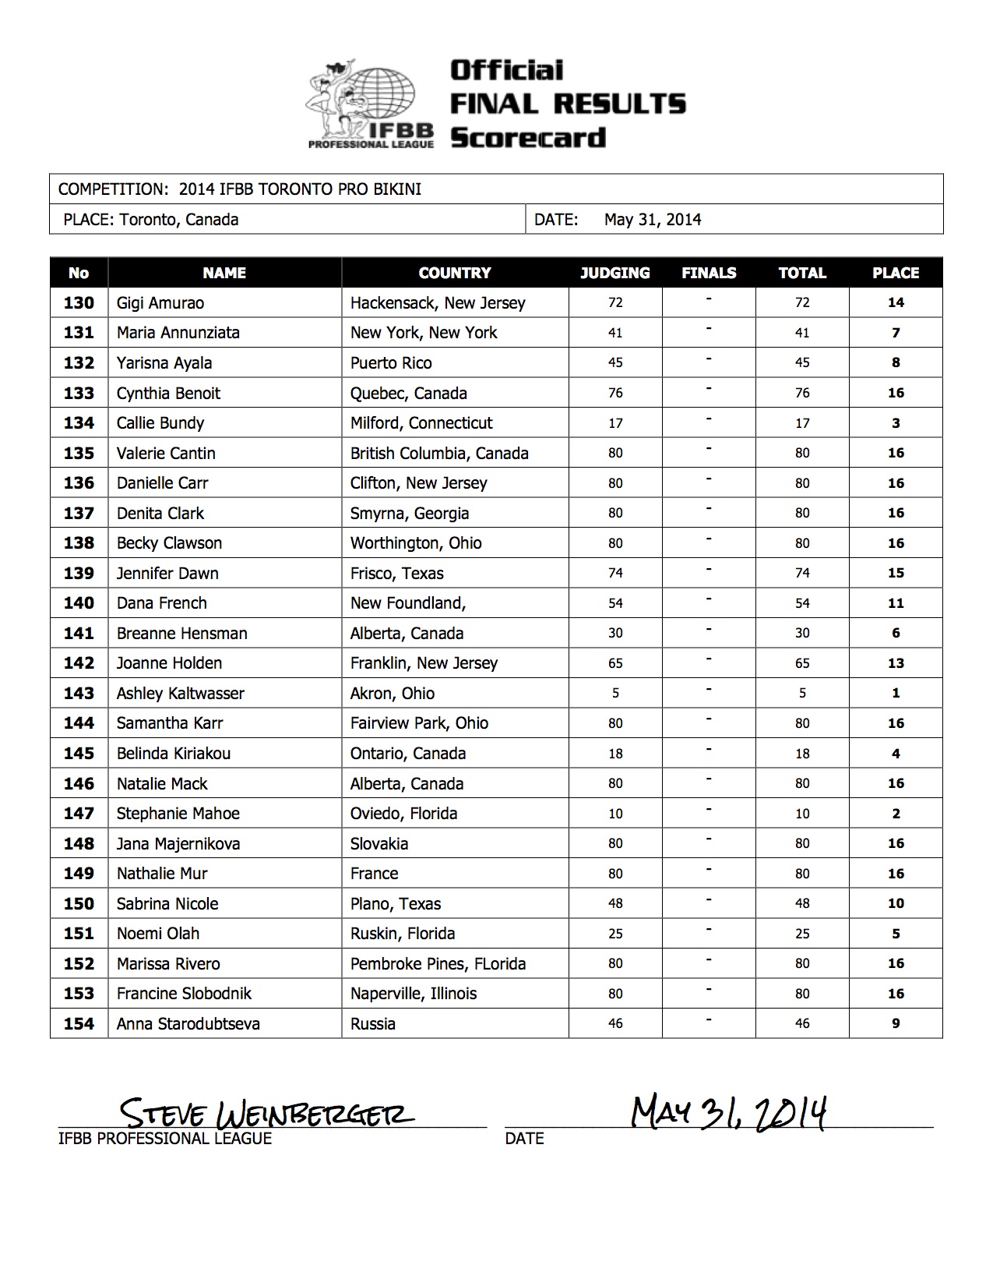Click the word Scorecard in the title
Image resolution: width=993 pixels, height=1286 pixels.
528,138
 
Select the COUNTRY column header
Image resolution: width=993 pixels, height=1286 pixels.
454,273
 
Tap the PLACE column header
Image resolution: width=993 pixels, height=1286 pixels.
895,273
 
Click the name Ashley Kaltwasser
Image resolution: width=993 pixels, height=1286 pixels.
180,693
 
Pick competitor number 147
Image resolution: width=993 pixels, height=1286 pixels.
79,813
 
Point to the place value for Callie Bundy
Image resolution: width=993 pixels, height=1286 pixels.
896,423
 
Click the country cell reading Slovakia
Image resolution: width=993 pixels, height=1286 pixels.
379,843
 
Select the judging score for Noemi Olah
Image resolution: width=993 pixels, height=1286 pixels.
615,934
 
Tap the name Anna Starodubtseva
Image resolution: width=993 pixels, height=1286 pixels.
188,1023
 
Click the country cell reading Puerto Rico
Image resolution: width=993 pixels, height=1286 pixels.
390,363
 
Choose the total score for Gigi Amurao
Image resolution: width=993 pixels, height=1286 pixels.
802,302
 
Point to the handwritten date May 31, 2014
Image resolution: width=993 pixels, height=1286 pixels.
727,1111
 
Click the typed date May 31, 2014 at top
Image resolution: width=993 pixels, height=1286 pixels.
652,220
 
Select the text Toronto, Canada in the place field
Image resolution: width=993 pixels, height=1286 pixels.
178,220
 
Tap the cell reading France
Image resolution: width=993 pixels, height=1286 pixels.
374,874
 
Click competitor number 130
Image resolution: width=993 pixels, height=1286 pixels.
79,302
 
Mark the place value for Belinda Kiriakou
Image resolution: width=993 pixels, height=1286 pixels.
896,754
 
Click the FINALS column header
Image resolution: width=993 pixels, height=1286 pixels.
708,273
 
